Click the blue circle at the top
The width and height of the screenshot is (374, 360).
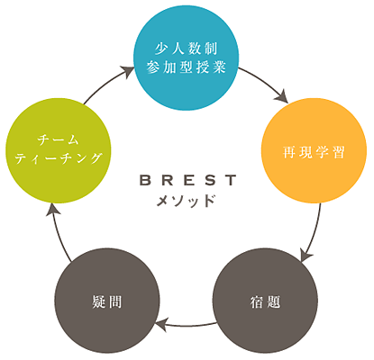pyautogui.click(x=187, y=58)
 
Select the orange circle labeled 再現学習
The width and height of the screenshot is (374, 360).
pyautogui.click(x=314, y=150)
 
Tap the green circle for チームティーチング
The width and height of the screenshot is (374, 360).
pyautogui.click(x=59, y=150)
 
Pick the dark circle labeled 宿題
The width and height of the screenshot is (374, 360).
pyautogui.click(x=265, y=301)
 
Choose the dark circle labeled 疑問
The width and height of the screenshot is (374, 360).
pyautogui.click(x=107, y=301)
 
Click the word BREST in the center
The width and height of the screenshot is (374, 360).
pyautogui.click(x=188, y=180)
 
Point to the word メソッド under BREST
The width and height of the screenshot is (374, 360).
pyautogui.click(x=187, y=201)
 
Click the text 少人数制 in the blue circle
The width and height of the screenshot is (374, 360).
pyautogui.click(x=187, y=49)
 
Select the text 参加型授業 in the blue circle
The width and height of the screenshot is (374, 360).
pyautogui.click(x=187, y=67)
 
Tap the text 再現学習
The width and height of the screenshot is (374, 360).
pyautogui.click(x=314, y=152)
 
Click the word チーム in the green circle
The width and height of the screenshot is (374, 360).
pyautogui.click(x=59, y=140)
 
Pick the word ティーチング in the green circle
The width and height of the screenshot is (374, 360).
pyautogui.click(x=59, y=158)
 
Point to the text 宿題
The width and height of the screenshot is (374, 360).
pyautogui.click(x=265, y=301)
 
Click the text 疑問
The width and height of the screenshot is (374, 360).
pyautogui.click(x=107, y=301)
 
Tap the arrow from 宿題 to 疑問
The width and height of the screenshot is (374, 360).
pyautogui.click(x=187, y=325)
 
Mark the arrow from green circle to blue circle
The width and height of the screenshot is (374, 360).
pyautogui.click(x=105, y=83)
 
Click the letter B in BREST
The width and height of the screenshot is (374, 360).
pyautogui.click(x=145, y=180)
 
